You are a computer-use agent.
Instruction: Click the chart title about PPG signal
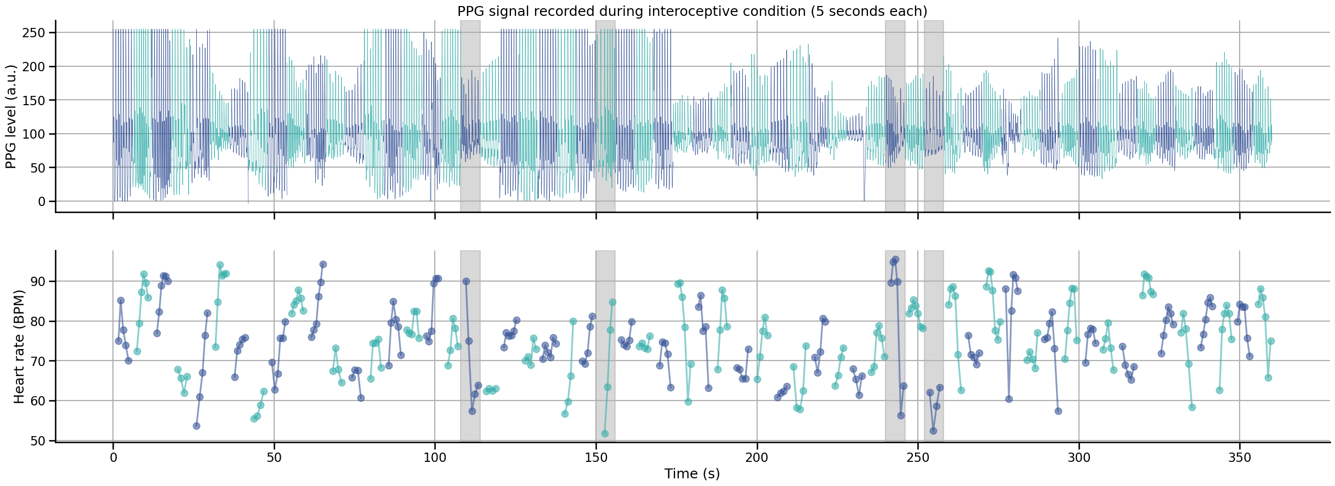tap(692, 12)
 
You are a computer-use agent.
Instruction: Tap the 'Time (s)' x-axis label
tap(692, 474)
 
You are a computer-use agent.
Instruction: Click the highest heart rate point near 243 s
tap(895, 259)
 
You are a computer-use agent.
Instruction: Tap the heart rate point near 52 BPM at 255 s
tap(933, 431)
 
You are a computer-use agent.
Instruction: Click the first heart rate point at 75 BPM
tap(118, 341)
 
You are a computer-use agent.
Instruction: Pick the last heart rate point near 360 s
tap(1271, 341)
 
